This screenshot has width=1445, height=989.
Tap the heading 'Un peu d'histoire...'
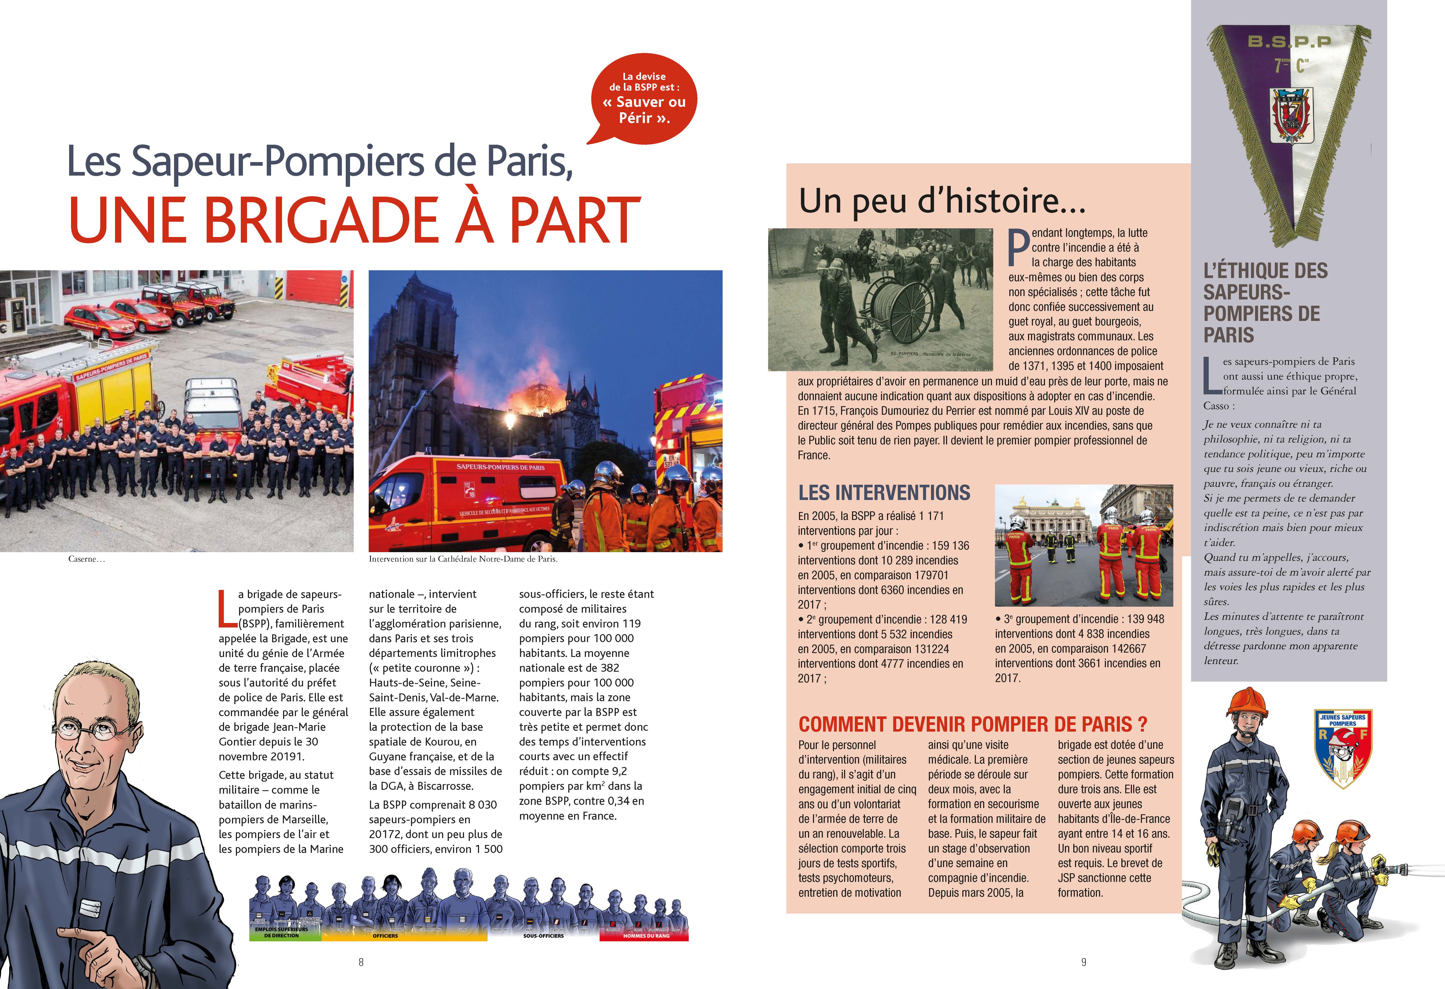pyautogui.click(x=942, y=201)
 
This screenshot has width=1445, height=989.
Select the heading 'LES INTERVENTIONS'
pyautogui.click(x=884, y=493)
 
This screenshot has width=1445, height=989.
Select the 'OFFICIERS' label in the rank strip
pyautogui.click(x=385, y=936)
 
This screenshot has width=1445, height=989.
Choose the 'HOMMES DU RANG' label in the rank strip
pyautogui.click(x=646, y=936)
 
